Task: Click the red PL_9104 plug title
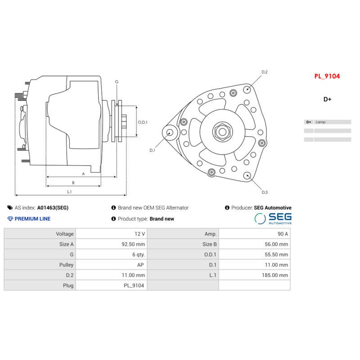pyautogui.click(x=327, y=76)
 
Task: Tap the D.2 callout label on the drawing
pyautogui.click(x=265, y=72)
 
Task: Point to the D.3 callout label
pyautogui.click(x=265, y=193)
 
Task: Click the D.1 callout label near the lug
pyautogui.click(x=152, y=150)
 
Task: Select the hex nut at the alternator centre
pyautogui.click(x=222, y=132)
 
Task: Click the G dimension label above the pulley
pyautogui.click(x=117, y=82)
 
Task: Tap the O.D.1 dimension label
pyautogui.click(x=143, y=122)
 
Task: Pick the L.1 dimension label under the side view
pyautogui.click(x=69, y=192)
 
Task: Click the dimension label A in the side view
pyautogui.click(x=83, y=174)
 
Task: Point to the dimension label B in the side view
pyautogui.click(x=73, y=183)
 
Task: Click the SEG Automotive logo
pyautogui.click(x=273, y=219)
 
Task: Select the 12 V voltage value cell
pyautogui.click(x=140, y=234)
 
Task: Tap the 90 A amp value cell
pyautogui.click(x=283, y=234)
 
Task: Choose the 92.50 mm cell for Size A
pyautogui.click(x=134, y=244)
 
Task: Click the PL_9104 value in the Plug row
pyautogui.click(x=134, y=285)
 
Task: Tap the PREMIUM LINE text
pyautogui.click(x=32, y=219)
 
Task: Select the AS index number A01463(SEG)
pyautogui.click(x=53, y=208)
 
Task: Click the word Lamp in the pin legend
pyautogui.click(x=320, y=122)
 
